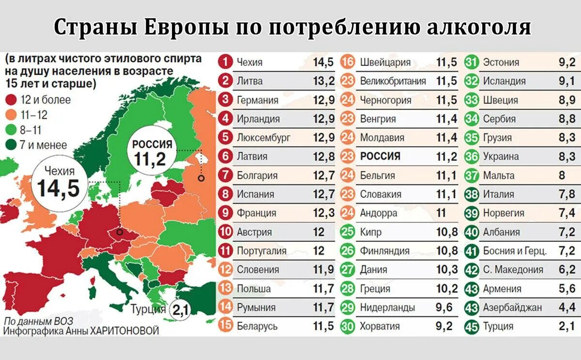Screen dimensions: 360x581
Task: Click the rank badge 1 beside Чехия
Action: (226, 62)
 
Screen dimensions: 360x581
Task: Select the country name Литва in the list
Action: (249, 81)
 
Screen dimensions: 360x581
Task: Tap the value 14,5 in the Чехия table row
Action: (323, 62)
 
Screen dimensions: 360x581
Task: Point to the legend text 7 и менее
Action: (43, 144)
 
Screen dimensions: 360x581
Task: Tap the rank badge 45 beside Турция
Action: (472, 326)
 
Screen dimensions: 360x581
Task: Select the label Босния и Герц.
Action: (515, 251)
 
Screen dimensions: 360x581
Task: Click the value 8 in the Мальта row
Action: (562, 175)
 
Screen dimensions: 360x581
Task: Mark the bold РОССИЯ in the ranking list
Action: (380, 157)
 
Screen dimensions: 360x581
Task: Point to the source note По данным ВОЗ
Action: (31, 321)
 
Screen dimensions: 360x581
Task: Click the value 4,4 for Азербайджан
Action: (566, 307)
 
